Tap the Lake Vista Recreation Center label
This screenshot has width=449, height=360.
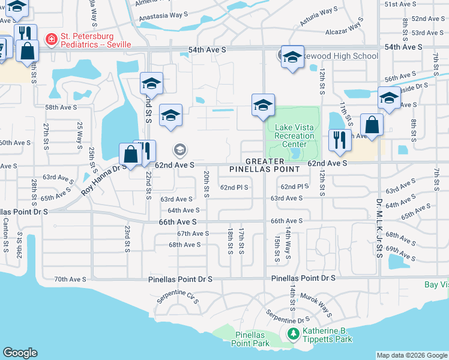click(294, 136)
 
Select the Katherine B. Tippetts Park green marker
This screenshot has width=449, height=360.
click(294, 333)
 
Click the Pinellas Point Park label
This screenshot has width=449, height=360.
click(250, 338)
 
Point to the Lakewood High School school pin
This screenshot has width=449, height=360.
click(292, 58)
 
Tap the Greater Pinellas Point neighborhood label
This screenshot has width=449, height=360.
click(265, 166)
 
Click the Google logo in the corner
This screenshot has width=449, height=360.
click(20, 352)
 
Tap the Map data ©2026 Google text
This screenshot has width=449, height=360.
click(411, 355)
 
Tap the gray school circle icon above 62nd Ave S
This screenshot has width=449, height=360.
click(179, 149)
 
